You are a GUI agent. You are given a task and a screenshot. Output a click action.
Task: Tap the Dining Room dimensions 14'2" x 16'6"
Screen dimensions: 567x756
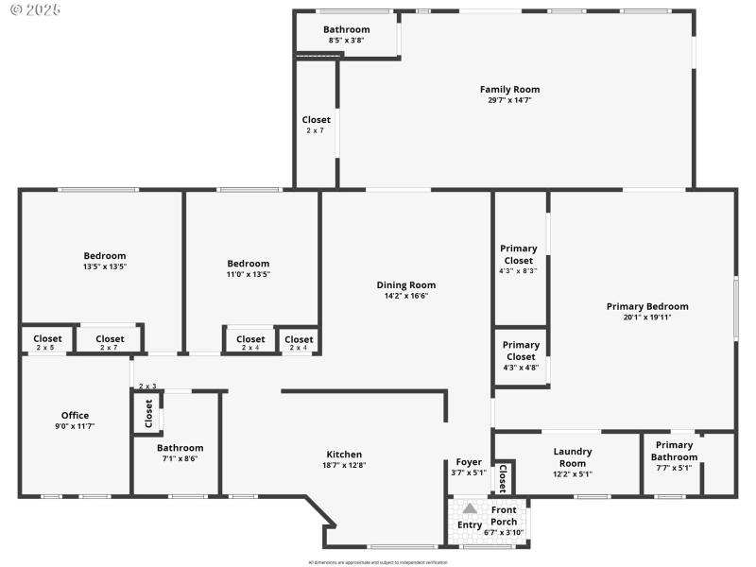point(405,296)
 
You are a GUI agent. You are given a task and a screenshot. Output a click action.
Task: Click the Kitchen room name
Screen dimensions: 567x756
point(344,455)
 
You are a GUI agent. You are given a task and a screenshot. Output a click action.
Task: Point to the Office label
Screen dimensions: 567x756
point(75,416)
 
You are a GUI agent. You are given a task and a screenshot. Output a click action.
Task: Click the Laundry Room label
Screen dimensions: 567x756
point(572,457)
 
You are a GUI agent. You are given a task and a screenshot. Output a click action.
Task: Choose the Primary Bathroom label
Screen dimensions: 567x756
point(674,451)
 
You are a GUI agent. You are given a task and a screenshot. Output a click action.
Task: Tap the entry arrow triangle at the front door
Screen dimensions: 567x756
point(470,508)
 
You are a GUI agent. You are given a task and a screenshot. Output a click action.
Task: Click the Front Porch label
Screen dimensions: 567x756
point(504,516)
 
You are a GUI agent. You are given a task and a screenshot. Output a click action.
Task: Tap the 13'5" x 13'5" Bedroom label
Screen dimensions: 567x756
point(104,256)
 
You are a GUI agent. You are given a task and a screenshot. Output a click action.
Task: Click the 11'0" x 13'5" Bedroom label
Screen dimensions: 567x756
point(249,264)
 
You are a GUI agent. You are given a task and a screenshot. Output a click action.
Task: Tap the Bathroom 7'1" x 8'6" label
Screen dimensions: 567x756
point(180,448)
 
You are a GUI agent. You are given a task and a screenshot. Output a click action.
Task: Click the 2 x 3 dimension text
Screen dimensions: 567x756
point(147,387)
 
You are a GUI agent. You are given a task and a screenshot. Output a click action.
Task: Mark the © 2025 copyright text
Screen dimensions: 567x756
point(35,9)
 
